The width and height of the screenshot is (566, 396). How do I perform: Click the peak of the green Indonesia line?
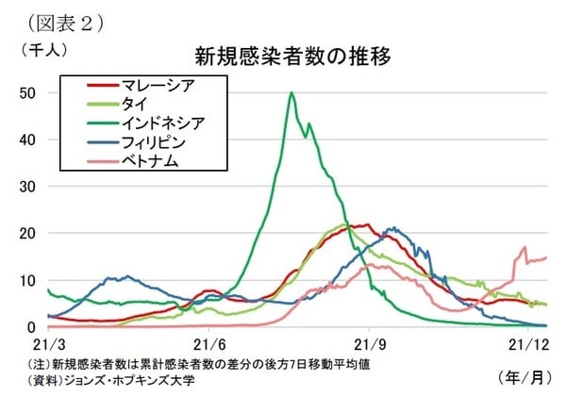click(291, 93)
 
